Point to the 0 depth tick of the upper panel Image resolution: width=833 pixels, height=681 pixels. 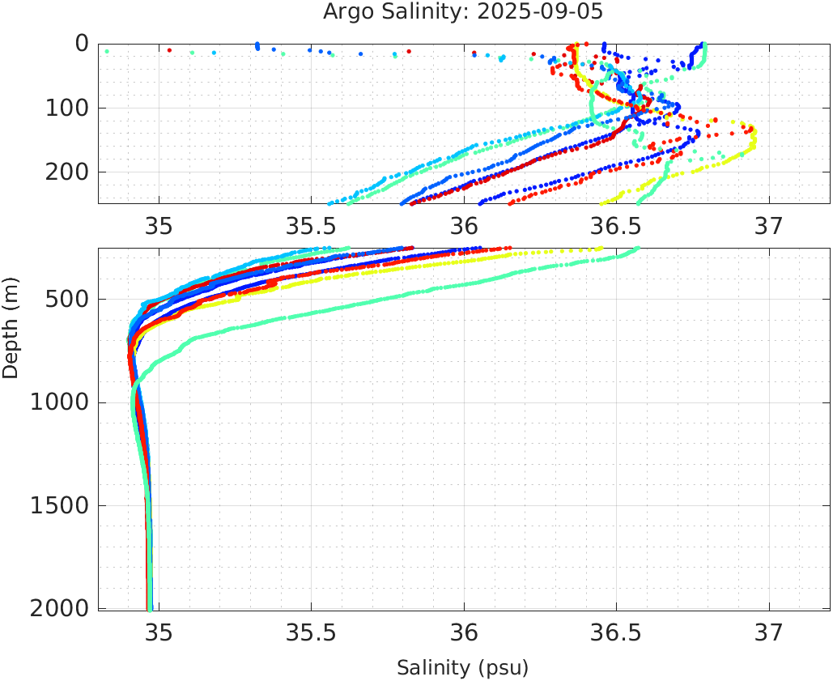pyautogui.click(x=82, y=43)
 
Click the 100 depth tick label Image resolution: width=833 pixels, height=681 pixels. pyautogui.click(x=66, y=108)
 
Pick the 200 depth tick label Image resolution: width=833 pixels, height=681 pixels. pyautogui.click(x=66, y=172)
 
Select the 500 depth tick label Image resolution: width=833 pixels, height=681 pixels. pyautogui.click(x=66, y=300)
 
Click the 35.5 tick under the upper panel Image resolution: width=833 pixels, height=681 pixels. pyautogui.click(x=311, y=226)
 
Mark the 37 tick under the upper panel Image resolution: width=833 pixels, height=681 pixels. pyautogui.click(x=768, y=226)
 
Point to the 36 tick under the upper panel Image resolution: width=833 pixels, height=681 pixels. pyautogui.click(x=464, y=226)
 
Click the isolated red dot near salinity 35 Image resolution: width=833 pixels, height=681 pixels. pyautogui.click(x=169, y=50)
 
